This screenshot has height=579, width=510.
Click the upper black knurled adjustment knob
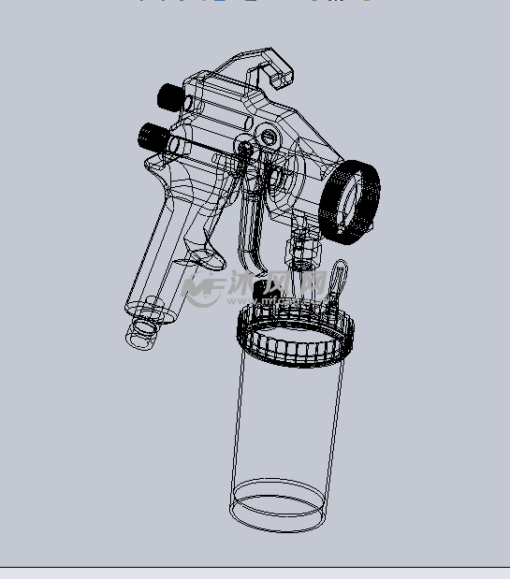pos(168,94)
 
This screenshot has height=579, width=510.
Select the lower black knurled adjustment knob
pos(151,137)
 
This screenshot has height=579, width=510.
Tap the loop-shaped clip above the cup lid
pos(338,278)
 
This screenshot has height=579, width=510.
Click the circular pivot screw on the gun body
pos(270,138)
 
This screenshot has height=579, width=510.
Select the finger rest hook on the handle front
pos(205,253)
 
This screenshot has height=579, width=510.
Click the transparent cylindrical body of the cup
pos(285,421)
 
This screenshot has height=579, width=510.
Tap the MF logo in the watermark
pos(202,291)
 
